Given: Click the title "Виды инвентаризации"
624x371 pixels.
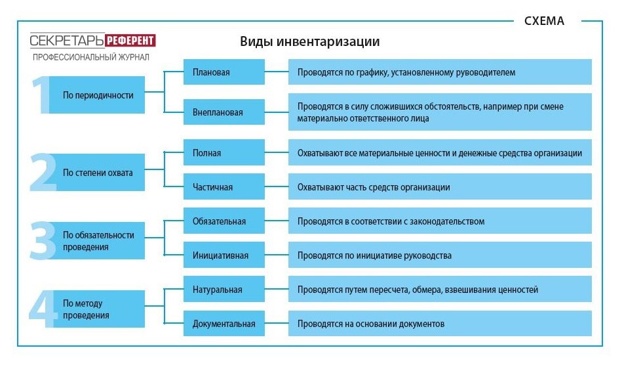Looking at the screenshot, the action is (x=309, y=41).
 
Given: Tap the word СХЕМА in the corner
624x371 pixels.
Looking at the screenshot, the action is (x=544, y=20).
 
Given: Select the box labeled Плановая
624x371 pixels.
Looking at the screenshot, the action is (x=224, y=72).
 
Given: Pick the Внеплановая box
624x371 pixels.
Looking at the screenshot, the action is (x=224, y=112).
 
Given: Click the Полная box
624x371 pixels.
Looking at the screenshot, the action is (x=224, y=153).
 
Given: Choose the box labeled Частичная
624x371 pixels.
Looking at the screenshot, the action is (x=224, y=187).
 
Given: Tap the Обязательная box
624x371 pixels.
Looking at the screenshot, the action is (x=224, y=221).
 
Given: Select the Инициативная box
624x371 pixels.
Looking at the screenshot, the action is (x=224, y=255).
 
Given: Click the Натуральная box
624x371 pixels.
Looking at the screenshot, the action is (x=224, y=290).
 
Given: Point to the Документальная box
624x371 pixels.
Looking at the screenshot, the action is (x=224, y=324).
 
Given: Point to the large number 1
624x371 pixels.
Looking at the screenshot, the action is (x=41, y=96).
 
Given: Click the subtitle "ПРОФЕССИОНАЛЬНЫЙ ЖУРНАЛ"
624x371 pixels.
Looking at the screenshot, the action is (x=91, y=57).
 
